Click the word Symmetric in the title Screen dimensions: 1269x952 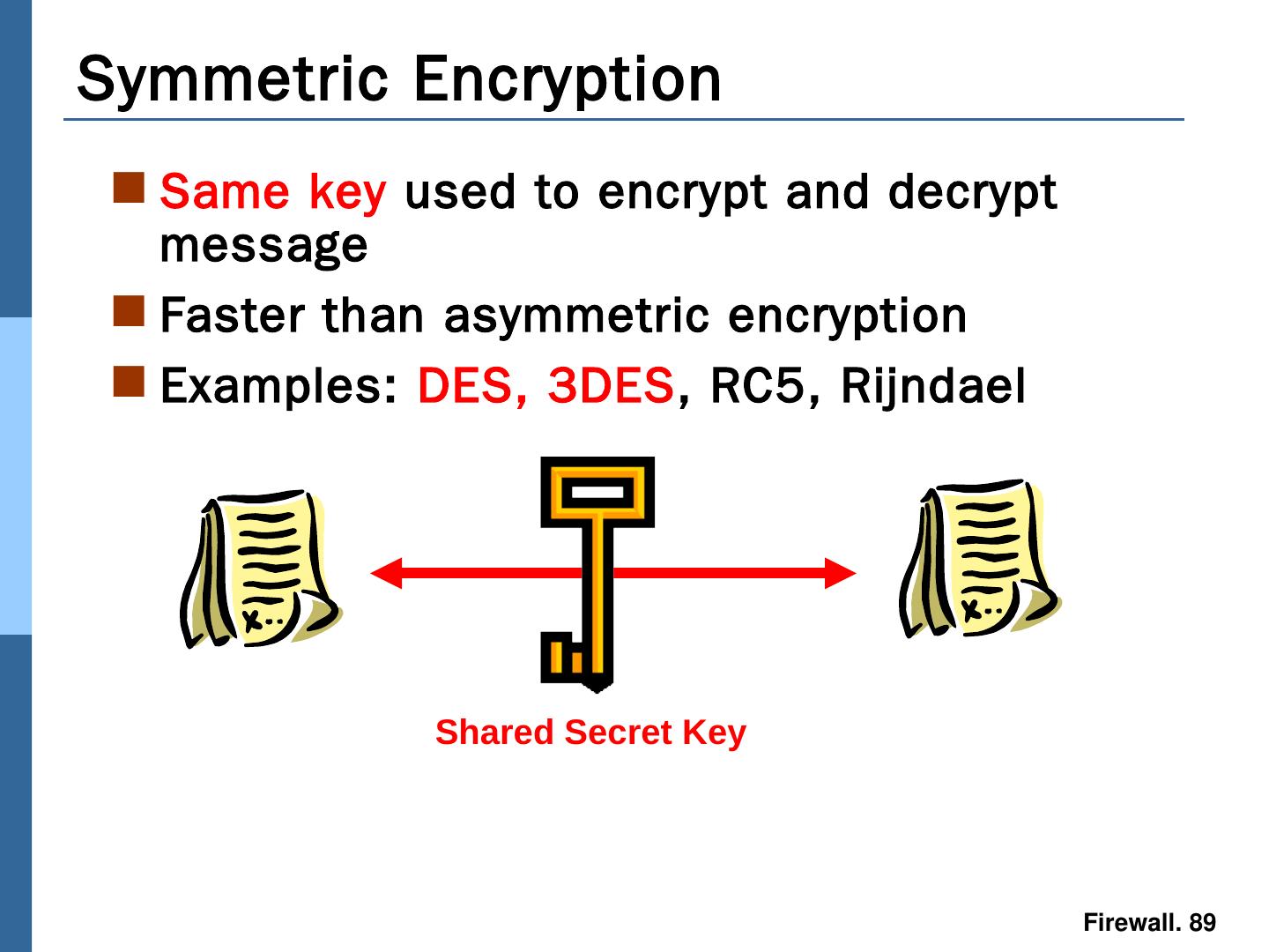tap(233, 79)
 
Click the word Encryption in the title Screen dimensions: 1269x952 tap(567, 79)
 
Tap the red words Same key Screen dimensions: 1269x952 tap(273, 192)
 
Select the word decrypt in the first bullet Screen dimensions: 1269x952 tap(972, 192)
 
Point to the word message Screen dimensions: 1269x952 tap(263, 245)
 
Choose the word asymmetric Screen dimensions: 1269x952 tap(576, 316)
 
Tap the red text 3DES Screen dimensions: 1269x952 tap(610, 386)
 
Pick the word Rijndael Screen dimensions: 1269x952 tap(933, 386)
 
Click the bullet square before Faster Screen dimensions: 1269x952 tap(130, 311)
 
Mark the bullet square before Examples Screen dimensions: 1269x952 tap(130, 382)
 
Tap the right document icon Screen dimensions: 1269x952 tap(977, 560)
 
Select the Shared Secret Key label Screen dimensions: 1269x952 tap(590, 733)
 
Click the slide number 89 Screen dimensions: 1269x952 tap(1202, 923)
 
